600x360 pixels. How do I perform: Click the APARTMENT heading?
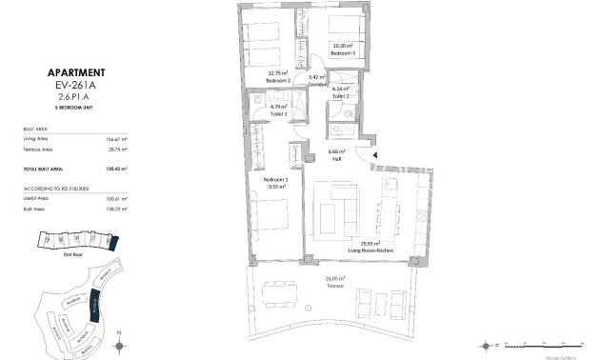point(75,72)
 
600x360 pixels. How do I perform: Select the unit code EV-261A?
point(75,84)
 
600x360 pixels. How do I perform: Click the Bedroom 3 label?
point(342,53)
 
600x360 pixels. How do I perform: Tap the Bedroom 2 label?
point(277,79)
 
